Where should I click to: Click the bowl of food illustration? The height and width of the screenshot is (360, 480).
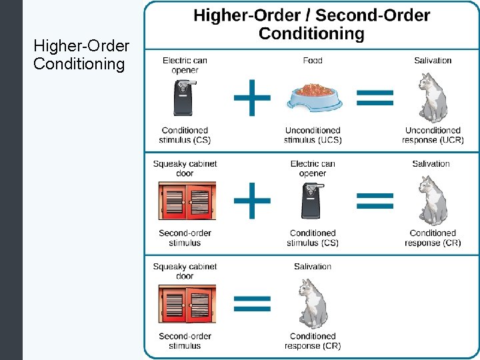[x=313, y=97]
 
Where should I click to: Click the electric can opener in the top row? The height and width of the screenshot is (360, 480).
[x=184, y=98]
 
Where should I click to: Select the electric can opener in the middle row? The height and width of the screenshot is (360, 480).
[x=312, y=201]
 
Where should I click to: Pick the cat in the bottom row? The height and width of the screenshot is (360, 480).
[x=313, y=304]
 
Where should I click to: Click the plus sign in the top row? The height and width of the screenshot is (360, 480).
[x=251, y=97]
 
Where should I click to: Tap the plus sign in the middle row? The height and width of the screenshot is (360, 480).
[x=251, y=199]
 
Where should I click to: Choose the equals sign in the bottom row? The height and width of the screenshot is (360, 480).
[x=251, y=303]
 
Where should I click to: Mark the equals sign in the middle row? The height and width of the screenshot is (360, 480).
[x=375, y=199]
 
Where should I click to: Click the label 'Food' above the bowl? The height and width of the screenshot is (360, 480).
[x=312, y=61]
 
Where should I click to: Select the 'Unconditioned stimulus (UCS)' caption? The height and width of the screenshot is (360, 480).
[x=313, y=135]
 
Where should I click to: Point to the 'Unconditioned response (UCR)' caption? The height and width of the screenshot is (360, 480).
[x=433, y=135]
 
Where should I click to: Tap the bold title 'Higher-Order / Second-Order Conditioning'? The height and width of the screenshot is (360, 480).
[x=311, y=25]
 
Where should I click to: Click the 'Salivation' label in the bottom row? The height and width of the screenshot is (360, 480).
[x=312, y=267]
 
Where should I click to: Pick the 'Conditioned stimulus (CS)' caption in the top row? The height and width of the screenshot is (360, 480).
[x=185, y=135]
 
